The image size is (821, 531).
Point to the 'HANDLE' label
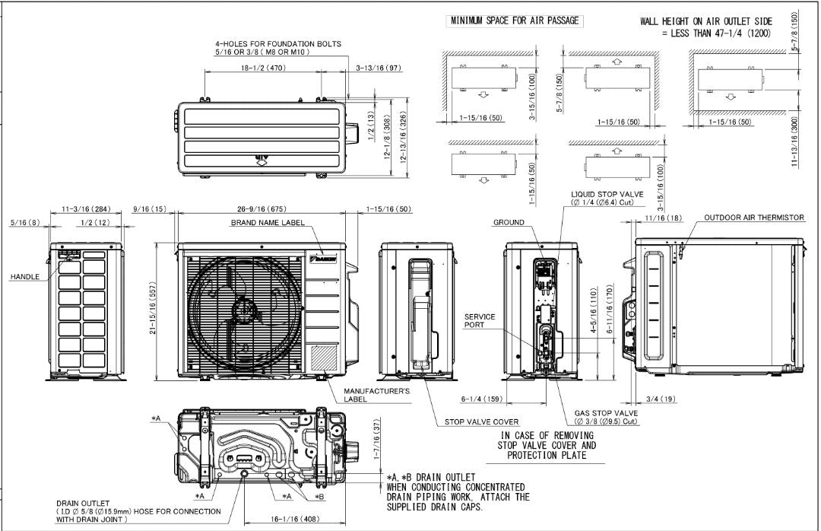(x=25, y=277)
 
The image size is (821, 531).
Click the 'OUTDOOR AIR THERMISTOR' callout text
(x=753, y=218)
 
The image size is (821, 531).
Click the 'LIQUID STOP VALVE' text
(x=607, y=194)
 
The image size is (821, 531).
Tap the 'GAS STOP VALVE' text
(x=607, y=413)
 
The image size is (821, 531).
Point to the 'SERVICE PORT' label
(x=480, y=321)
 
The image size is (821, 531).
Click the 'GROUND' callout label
(x=509, y=224)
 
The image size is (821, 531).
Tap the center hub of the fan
(x=245, y=310)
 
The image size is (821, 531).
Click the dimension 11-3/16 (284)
(x=85, y=208)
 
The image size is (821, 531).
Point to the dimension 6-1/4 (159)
(x=480, y=399)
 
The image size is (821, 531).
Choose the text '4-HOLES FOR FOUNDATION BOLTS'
(x=277, y=44)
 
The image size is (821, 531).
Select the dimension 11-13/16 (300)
(x=795, y=151)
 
